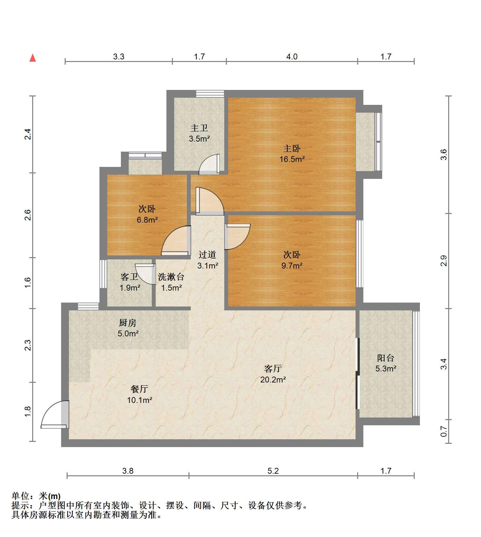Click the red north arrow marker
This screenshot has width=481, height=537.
32,58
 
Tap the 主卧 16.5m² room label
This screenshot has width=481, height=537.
292,154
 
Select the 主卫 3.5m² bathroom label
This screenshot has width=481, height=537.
199,133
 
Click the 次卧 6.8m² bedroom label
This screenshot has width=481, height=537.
147,214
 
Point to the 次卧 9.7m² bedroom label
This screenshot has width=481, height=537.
292,260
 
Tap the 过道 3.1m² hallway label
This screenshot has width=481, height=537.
208,260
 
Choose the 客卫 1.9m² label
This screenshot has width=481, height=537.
130,282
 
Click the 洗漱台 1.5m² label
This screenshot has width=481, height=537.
171,282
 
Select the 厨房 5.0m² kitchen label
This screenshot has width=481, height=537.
128,328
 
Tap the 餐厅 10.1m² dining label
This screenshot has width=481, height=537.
140,394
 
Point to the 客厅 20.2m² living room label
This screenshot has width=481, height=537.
273,374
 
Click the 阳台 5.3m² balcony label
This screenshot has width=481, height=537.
386,363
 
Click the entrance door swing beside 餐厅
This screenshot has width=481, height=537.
55,414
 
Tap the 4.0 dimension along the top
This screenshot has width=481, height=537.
292,56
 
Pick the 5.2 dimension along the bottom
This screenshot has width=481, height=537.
273,471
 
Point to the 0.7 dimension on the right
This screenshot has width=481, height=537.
444,431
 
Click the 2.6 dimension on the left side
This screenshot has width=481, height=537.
28,215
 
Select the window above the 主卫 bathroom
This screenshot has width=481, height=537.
210,94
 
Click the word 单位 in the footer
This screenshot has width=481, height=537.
21,496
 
